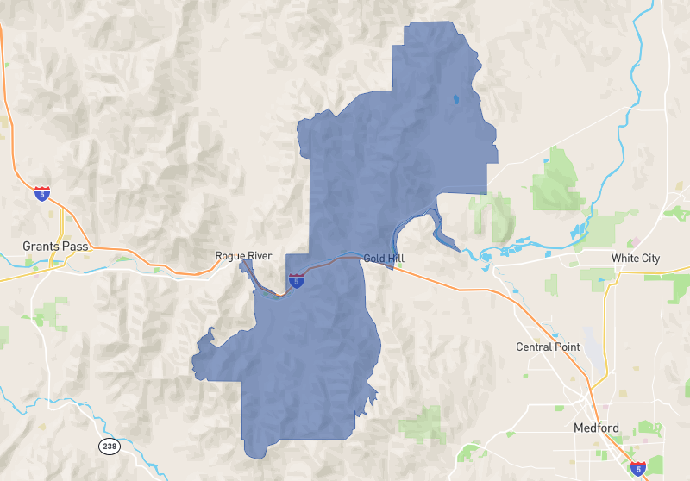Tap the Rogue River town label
coord(243,256)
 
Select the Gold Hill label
coord(383,259)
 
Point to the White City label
coord(635,259)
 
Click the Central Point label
coord(548,347)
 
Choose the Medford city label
coord(595,428)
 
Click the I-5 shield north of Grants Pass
coord(41,194)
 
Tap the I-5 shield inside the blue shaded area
coord(296,280)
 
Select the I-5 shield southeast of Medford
coord(637,469)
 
